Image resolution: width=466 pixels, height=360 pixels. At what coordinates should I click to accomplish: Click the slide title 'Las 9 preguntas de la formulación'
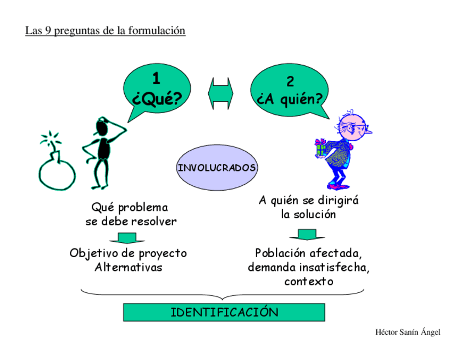tap(106, 31)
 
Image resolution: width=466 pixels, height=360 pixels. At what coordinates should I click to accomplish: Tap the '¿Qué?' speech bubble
tap(156, 90)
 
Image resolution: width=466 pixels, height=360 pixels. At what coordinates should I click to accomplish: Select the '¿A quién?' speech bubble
tap(290, 91)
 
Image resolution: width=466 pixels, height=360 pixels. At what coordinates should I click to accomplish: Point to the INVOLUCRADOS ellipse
tap(217, 168)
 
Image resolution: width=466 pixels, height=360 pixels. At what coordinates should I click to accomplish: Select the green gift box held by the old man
tap(320, 147)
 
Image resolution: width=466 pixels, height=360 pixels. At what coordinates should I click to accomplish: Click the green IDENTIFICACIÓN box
tap(224, 313)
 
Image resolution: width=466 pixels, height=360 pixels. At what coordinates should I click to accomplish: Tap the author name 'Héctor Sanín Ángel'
tap(407, 332)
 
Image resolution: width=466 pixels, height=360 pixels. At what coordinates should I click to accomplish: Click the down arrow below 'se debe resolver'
tap(128, 238)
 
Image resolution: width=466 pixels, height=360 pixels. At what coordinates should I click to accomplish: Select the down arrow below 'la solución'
tap(303, 235)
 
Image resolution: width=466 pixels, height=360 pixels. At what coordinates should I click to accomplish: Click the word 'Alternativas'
tap(128, 268)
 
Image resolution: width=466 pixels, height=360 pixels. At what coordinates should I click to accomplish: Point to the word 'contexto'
tap(308, 282)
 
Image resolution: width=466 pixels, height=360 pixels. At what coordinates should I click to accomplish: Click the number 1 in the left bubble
tap(156, 79)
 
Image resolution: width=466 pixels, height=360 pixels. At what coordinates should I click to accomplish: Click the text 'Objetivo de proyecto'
tap(128, 253)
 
